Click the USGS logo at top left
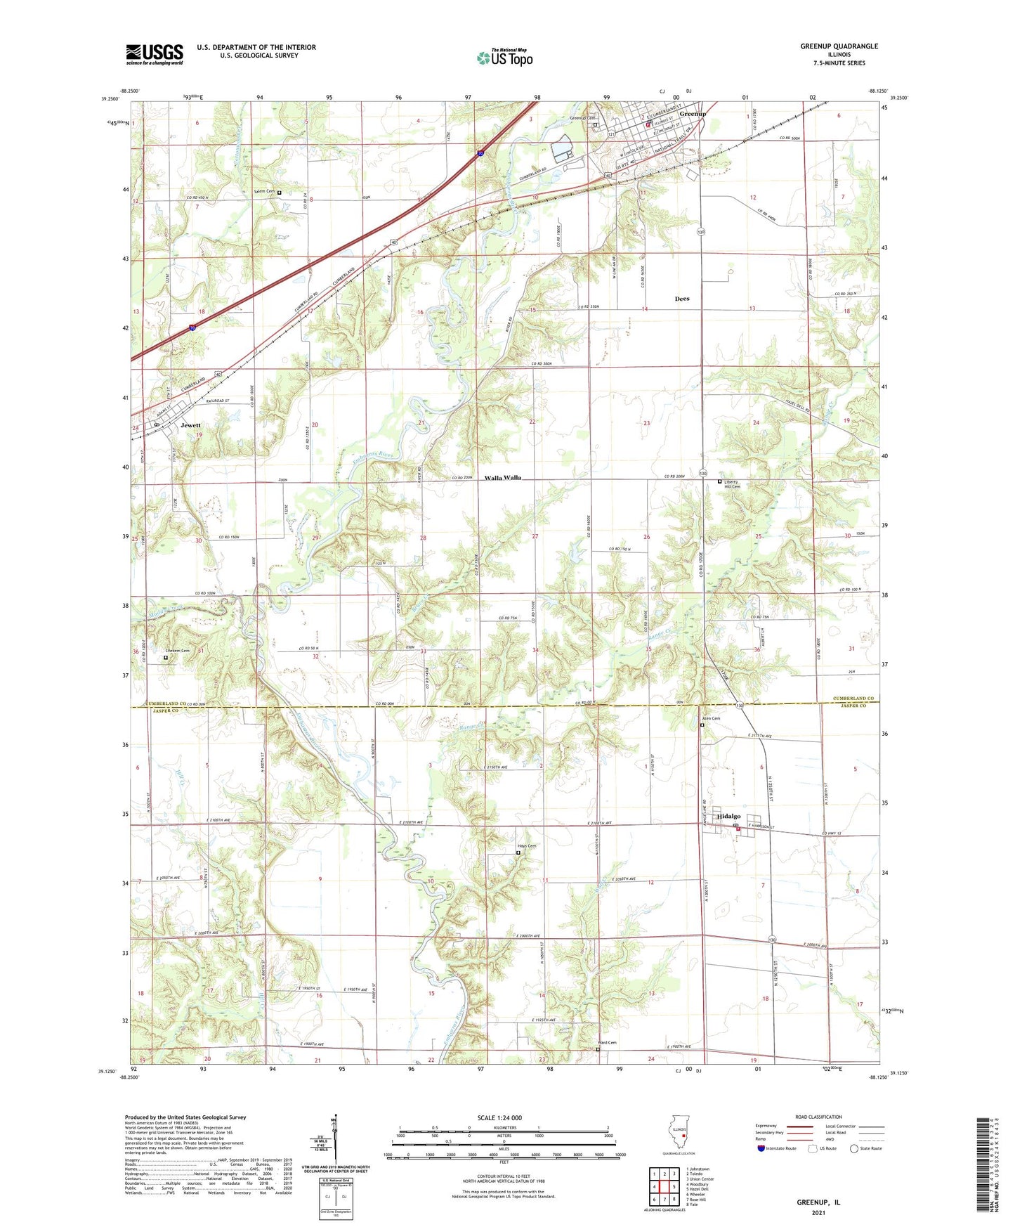(x=154, y=54)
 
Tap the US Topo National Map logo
(x=505, y=57)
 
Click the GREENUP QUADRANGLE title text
(x=839, y=46)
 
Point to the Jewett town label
(x=190, y=425)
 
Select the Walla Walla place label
(x=503, y=478)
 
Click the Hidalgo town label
(x=728, y=816)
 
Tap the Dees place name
(x=681, y=299)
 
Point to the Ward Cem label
(x=607, y=1042)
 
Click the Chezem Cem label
(x=177, y=651)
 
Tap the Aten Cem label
(x=711, y=718)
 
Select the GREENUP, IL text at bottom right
(x=818, y=1202)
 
